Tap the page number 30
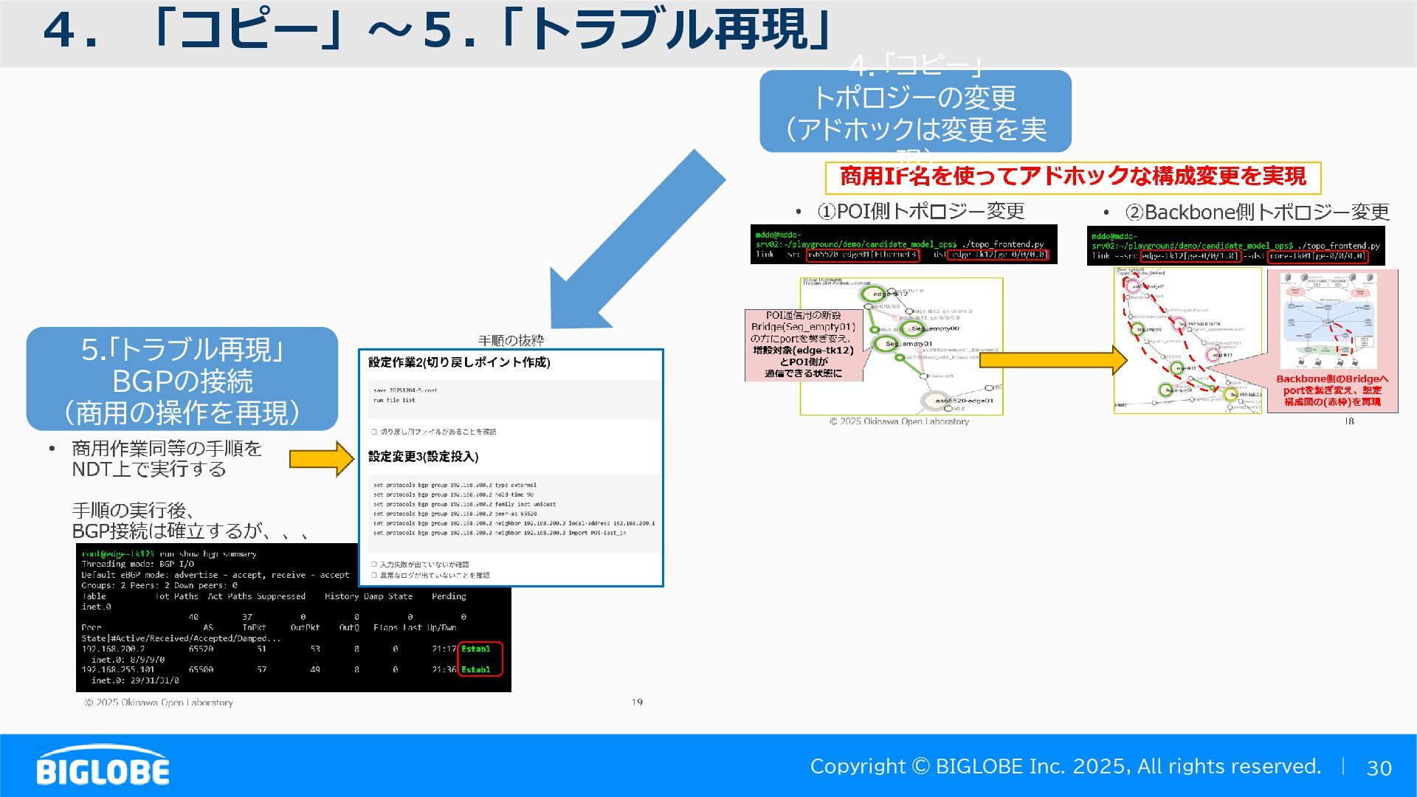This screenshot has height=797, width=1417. pos(1379,768)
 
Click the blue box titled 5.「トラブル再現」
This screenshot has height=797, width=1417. pos(182,379)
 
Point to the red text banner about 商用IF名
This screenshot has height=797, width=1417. pos(1072,177)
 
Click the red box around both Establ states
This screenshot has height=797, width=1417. pos(480,659)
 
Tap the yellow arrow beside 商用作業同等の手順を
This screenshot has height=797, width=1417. pos(322,459)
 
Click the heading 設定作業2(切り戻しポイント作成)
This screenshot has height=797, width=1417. pos(459,362)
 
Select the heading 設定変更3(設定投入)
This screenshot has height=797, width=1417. pos(424,457)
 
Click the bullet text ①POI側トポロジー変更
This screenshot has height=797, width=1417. pos(920,212)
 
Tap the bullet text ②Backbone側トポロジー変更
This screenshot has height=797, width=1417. pos(1256,213)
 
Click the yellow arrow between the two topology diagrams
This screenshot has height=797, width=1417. pos(1052,360)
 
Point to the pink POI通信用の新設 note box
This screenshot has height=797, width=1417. pos(803,345)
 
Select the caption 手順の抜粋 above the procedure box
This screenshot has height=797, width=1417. pos(511,340)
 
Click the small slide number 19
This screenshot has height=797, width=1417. pos(637,703)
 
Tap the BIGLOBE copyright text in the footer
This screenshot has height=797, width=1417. pos(1065,767)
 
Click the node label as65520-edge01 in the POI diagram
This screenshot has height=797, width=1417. pos(964,401)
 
